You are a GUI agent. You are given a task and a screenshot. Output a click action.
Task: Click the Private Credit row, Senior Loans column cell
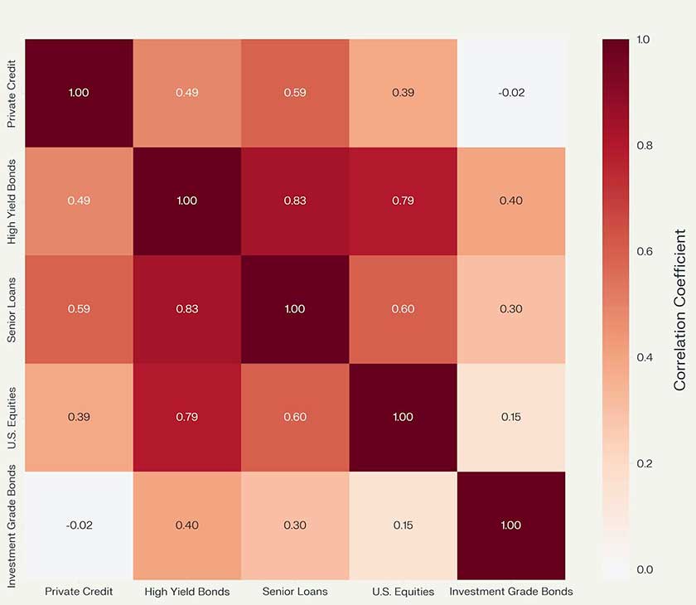(295, 93)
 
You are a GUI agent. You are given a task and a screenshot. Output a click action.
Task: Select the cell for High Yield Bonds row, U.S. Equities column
(403, 201)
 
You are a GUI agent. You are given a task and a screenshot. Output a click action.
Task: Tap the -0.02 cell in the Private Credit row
(511, 93)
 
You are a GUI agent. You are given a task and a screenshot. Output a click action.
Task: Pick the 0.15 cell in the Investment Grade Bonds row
(403, 525)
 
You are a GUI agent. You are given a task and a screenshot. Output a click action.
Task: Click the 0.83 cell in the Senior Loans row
(186, 309)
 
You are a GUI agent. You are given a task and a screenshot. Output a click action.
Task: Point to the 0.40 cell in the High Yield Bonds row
(511, 201)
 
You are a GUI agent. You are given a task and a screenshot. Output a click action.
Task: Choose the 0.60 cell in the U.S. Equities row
(295, 417)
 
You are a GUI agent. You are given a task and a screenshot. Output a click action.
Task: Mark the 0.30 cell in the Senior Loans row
(511, 309)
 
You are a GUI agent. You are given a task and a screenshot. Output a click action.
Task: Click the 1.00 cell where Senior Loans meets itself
(295, 309)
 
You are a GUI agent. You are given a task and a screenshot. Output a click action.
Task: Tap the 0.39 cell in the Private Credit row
(403, 93)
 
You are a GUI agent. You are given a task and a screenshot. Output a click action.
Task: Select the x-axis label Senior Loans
(295, 592)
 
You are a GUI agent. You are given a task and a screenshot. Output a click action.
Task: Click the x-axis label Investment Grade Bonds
(511, 592)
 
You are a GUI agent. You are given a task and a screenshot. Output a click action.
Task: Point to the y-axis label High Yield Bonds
(12, 201)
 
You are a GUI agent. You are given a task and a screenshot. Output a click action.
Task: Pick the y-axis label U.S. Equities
(12, 417)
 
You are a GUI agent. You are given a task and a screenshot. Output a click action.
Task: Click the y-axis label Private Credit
(12, 93)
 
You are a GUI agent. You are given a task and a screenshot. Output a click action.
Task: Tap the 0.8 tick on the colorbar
(643, 145)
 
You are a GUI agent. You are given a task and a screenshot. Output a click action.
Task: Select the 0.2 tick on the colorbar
(643, 463)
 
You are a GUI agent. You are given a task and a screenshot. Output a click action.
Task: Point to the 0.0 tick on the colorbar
(643, 569)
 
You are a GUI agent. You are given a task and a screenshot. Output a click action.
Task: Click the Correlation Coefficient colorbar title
(680, 309)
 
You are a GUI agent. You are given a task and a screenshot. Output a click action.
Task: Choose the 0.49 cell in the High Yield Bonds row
(79, 201)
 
